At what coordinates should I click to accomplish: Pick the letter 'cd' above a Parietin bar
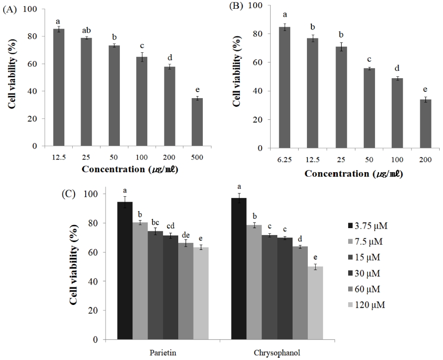click(x=170, y=225)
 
